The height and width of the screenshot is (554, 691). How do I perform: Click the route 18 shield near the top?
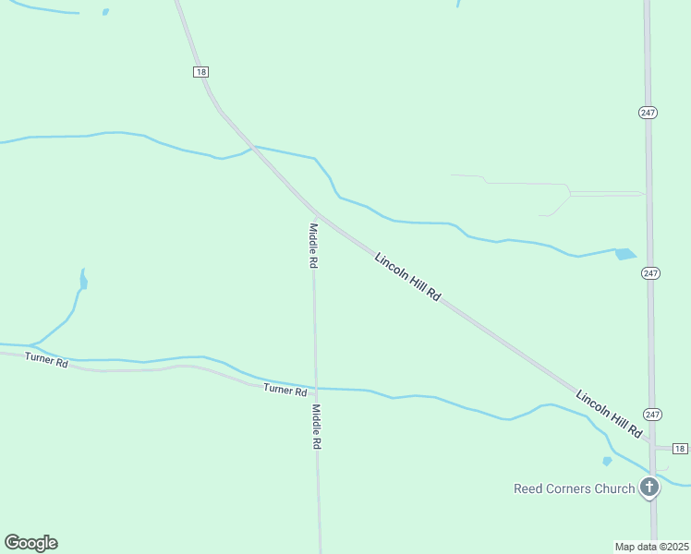click(200, 72)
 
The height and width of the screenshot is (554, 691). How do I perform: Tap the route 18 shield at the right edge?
click(680, 449)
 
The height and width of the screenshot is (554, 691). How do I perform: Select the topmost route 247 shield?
click(648, 112)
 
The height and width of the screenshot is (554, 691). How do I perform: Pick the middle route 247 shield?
click(651, 273)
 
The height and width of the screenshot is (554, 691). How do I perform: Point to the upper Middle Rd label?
click(314, 246)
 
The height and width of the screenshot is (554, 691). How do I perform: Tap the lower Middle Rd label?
click(316, 427)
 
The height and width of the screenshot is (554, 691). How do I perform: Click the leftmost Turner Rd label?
click(46, 360)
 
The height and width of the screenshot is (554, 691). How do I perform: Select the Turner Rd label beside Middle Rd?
click(285, 391)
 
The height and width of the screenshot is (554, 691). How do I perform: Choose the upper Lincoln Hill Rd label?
click(407, 274)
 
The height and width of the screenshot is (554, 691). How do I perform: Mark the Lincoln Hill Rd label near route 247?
click(609, 414)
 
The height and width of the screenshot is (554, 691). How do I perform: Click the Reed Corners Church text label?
click(574, 488)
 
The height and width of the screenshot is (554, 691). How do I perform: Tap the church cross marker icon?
click(649, 487)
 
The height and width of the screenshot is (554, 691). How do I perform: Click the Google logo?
click(30, 543)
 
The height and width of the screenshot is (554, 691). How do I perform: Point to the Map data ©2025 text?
click(652, 547)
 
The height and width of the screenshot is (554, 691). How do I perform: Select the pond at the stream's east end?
click(625, 254)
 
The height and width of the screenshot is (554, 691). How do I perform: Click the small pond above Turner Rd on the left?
click(83, 279)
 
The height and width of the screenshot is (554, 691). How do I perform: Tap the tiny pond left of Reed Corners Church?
click(607, 461)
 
